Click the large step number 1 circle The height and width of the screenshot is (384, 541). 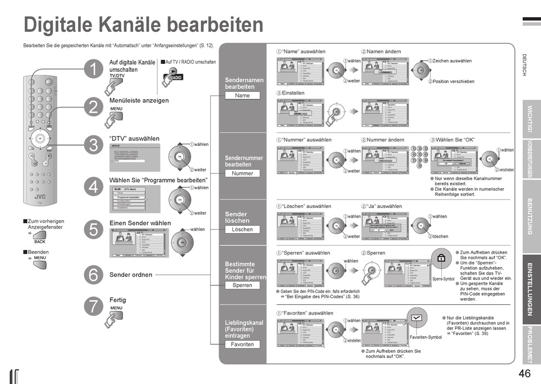coord(93,70)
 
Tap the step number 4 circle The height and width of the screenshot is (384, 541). coord(93,186)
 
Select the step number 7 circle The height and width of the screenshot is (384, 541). coord(93,306)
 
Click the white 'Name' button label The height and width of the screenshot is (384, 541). coord(242,96)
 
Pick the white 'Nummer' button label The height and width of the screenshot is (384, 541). coord(242,173)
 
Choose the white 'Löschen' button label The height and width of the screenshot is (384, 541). coord(242,229)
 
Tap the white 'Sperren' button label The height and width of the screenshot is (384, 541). coord(242,285)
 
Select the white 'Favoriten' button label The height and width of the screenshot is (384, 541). coord(242,344)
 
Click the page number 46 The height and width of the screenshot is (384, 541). coord(524,374)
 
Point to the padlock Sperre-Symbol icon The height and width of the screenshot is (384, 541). coord(441,259)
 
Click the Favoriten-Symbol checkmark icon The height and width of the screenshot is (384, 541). coord(417,318)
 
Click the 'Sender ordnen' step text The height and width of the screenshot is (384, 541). coord(131,275)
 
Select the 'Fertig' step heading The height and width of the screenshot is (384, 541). coord(118,300)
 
